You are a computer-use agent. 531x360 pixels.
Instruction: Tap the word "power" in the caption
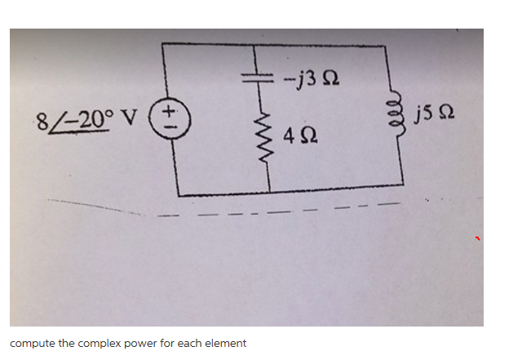[144, 343]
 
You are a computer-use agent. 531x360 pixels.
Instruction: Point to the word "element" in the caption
[224, 343]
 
